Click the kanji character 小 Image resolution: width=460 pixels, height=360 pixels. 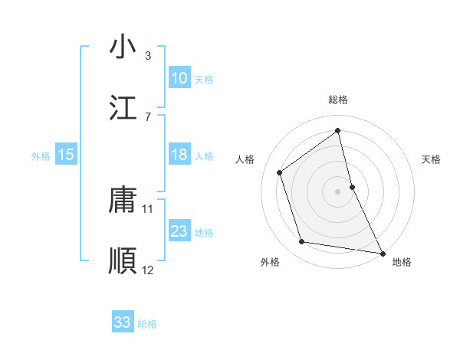(122, 47)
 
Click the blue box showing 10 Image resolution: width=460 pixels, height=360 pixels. (179, 78)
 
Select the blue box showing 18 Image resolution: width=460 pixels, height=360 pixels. (179, 155)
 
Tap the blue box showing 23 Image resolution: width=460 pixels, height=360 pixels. (179, 231)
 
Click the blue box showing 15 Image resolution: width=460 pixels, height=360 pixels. (66, 155)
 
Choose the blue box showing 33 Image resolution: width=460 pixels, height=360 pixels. (122, 322)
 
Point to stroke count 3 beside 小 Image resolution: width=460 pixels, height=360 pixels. (148, 55)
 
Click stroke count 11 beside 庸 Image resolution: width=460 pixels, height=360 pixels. (148, 208)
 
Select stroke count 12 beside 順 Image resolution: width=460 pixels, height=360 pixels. (148, 270)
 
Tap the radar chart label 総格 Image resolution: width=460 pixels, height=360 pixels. (338, 100)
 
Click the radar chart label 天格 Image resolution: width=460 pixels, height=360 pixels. (431, 159)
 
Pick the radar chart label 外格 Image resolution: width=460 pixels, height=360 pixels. (270, 263)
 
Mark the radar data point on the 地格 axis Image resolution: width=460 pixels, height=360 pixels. (382, 253)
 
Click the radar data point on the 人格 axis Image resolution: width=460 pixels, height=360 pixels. (279, 172)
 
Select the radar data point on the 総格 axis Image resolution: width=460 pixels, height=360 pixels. (338, 130)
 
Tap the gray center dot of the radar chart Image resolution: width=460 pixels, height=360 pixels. (338, 191)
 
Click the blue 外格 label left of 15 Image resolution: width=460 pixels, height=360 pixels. (41, 155)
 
